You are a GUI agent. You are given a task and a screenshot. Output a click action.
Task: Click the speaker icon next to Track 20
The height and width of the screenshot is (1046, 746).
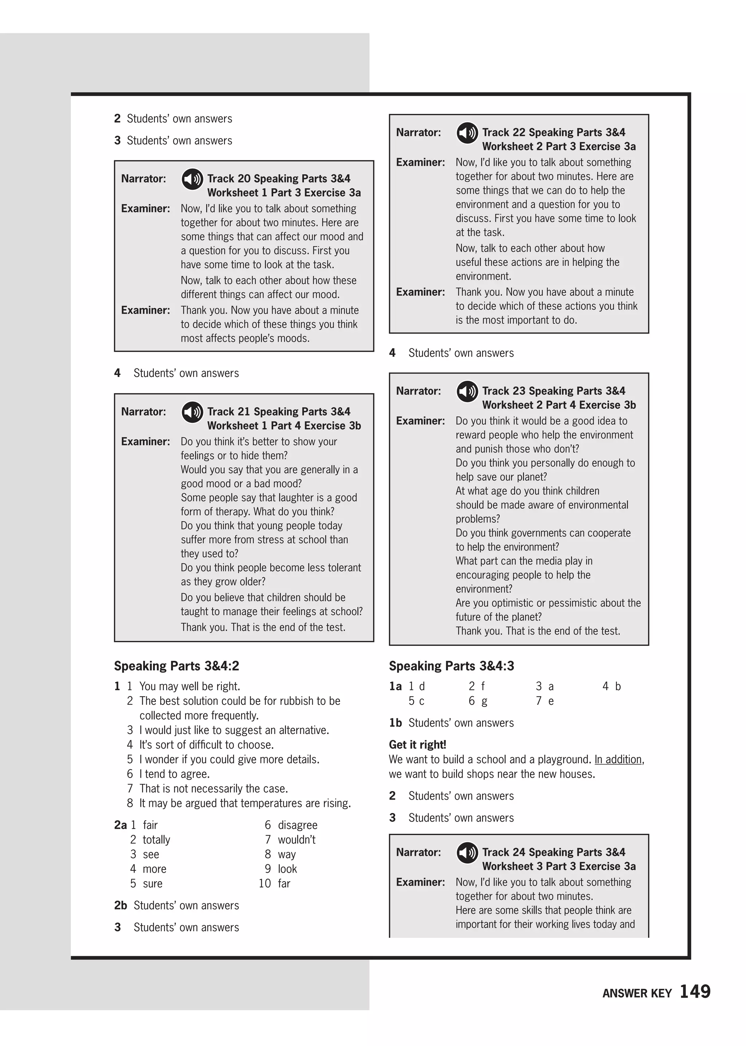[192, 179]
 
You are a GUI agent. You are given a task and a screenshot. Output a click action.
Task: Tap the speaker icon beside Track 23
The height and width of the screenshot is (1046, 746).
[467, 392]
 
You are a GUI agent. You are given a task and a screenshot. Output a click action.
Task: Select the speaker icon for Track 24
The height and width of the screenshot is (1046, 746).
[467, 853]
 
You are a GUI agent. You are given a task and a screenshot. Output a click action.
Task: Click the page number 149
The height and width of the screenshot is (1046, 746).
[695, 991]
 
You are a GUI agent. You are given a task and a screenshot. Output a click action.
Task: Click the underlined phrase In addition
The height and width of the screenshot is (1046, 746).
[618, 759]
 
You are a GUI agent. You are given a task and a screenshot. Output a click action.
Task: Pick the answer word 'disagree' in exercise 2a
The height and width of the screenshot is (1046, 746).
[297, 825]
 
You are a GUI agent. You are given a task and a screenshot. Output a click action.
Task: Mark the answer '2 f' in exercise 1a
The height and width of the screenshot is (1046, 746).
[477, 686]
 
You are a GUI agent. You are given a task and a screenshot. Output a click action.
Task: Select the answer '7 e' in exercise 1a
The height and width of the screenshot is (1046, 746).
[545, 701]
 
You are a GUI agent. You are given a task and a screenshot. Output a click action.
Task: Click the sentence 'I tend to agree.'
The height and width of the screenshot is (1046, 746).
[174, 774]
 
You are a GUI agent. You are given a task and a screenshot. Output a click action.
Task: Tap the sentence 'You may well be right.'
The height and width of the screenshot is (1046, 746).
[190, 686]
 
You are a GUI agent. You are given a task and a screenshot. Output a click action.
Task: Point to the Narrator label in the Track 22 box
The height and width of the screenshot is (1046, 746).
[418, 133]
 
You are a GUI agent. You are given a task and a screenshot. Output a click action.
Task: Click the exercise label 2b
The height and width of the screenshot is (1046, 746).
[120, 905]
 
